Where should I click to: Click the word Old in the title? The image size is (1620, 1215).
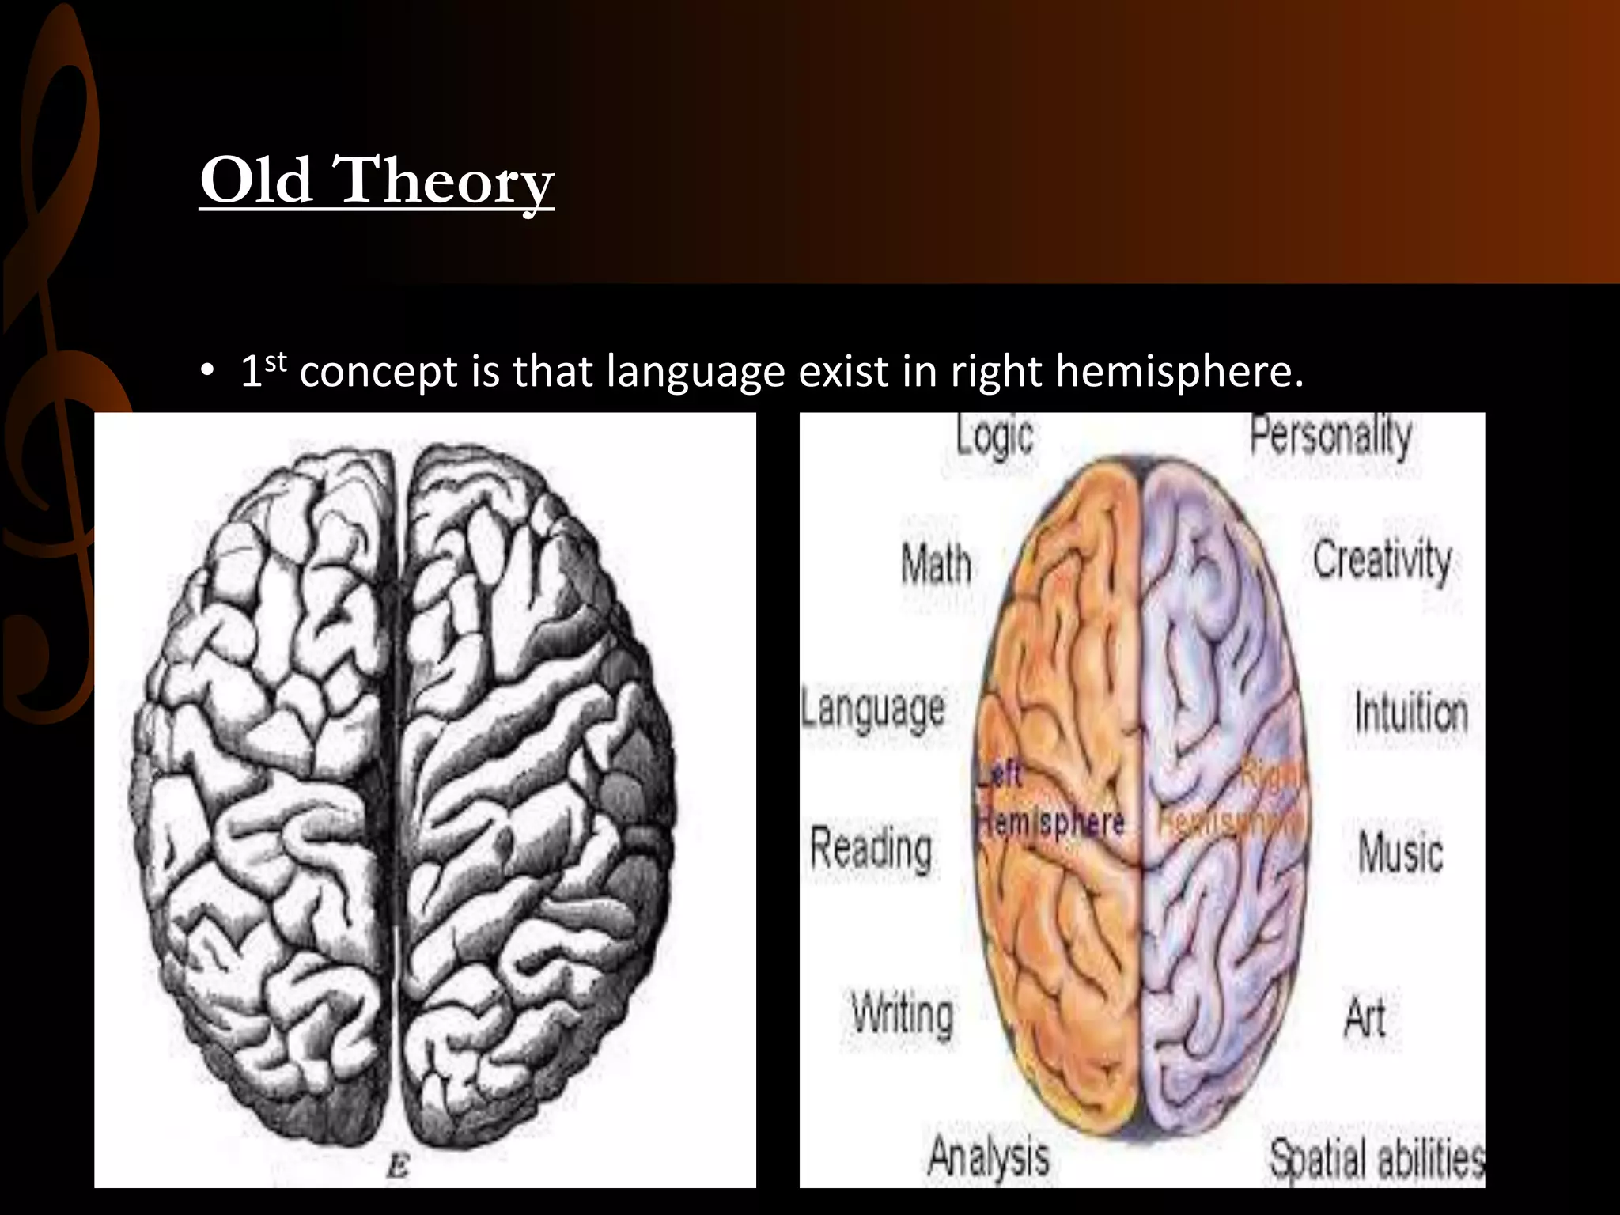(x=255, y=180)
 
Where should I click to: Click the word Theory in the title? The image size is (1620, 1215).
(x=446, y=184)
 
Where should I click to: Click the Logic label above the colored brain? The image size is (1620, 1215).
(x=994, y=436)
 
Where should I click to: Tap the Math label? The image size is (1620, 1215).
(x=937, y=565)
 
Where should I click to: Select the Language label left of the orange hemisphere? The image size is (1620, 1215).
(x=873, y=708)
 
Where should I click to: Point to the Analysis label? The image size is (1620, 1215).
(x=989, y=1156)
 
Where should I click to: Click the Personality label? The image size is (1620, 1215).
(x=1330, y=436)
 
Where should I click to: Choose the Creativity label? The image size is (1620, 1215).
(x=1382, y=561)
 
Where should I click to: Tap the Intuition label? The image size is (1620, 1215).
(x=1411, y=711)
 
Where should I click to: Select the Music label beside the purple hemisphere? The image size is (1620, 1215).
(x=1400, y=853)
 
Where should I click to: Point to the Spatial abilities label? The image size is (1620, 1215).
(x=1376, y=1159)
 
